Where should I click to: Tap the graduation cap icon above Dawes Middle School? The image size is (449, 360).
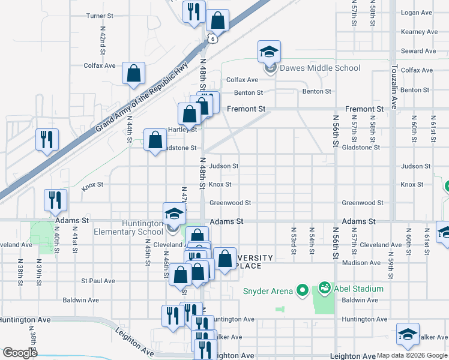[x=270, y=52]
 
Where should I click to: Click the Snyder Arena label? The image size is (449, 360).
[x=268, y=292]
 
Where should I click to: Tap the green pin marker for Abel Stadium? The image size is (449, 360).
[x=325, y=289]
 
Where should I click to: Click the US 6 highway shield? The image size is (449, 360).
[x=211, y=38]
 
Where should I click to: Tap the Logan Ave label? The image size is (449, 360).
[x=417, y=13]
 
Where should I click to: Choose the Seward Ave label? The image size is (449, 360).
[x=418, y=51]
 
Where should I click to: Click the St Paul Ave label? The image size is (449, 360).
[x=98, y=281]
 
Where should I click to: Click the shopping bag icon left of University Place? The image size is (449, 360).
[x=225, y=259]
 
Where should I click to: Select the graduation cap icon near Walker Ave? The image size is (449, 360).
[x=408, y=335]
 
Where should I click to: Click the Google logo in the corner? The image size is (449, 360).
[x=20, y=353]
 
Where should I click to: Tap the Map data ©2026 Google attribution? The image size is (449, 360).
[x=411, y=355]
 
